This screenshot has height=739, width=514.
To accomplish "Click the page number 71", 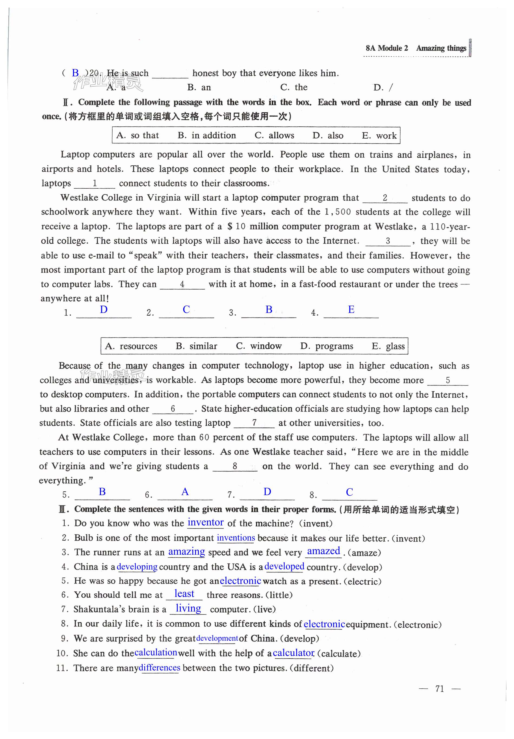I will [439, 689].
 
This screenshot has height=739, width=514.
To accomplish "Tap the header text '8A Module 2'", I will [386, 48].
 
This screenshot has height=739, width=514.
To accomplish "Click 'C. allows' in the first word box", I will [274, 136].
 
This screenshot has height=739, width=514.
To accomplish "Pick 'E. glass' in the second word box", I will [388, 346].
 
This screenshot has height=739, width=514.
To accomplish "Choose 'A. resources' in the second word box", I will [131, 346].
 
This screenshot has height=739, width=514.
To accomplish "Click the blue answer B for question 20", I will [75, 73].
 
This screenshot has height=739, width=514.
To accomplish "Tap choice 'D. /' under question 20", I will [383, 87].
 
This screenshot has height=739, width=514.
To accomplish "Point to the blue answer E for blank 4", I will [351, 310].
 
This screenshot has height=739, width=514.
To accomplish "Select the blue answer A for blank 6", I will [185, 492].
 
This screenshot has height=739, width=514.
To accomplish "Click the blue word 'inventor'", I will [205, 522].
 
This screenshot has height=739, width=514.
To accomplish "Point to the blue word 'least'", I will [184, 594].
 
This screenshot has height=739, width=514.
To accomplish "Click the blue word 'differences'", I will [159, 668].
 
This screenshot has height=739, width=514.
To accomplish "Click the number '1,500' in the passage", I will [338, 212].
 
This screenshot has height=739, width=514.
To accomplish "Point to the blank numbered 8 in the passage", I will [235, 466].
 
